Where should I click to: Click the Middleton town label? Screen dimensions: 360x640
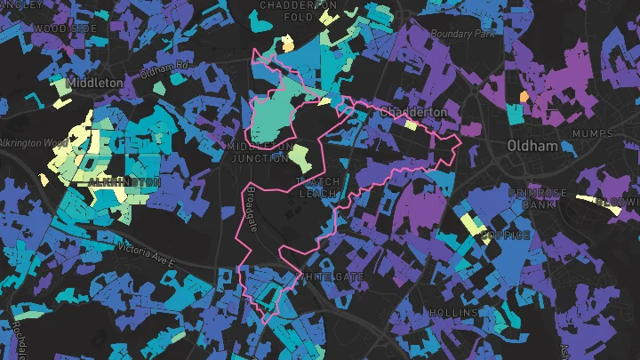click(95, 82)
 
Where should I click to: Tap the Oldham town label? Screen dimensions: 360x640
click(530, 145)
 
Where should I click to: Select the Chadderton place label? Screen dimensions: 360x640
click(413, 113)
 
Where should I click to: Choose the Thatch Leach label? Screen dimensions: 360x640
click(318, 188)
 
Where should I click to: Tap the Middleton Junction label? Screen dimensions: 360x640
click(260, 152)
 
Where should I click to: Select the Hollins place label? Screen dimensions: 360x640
click(454, 313)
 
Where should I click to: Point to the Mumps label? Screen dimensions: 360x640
click(594, 133)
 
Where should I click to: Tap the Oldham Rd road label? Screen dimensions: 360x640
click(166, 65)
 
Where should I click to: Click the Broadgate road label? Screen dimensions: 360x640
click(253, 211)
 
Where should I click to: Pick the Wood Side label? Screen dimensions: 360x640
click(64, 28)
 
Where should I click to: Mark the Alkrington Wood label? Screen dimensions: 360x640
click(34, 142)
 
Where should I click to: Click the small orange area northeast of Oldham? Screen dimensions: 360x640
click(524, 95)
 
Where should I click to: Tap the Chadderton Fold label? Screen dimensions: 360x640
click(298, 10)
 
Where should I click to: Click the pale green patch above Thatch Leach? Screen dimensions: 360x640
click(300, 158)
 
